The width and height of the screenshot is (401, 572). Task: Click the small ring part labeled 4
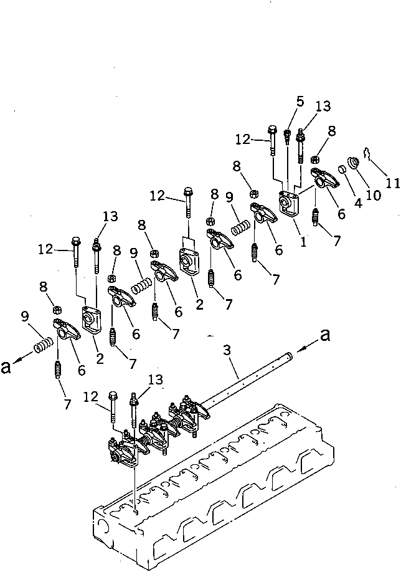(x=342, y=169)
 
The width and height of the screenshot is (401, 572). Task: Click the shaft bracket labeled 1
(x=288, y=203)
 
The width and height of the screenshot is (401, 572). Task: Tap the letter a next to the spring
(x=7, y=367)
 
